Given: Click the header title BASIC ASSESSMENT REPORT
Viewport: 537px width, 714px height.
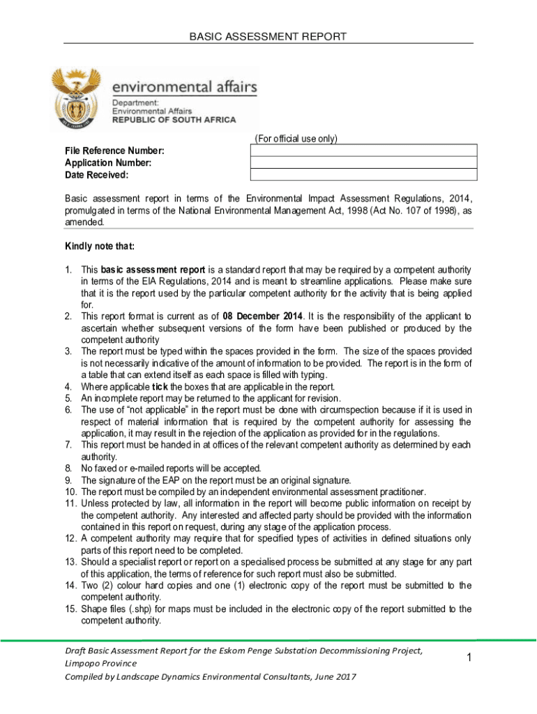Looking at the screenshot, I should point(268,36).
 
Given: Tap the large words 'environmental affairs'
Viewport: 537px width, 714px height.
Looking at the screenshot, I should point(185,89).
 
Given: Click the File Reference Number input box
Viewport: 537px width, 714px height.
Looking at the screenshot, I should point(363,150).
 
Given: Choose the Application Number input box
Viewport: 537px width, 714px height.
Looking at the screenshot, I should point(363,162).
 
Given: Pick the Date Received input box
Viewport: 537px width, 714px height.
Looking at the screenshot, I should point(363,174).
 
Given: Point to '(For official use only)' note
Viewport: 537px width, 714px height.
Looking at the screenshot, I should point(296,139).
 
